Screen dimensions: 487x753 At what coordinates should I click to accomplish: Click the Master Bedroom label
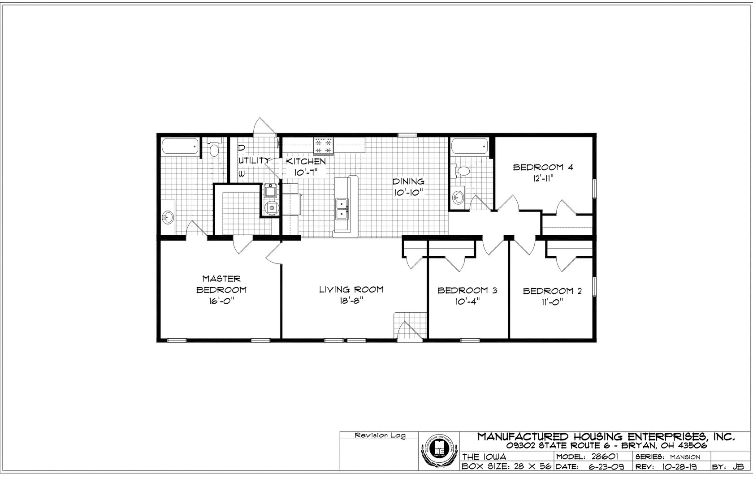point(221,284)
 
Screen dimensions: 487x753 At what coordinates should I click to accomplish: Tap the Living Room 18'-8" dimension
point(351,301)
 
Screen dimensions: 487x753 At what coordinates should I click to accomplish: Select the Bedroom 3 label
point(467,290)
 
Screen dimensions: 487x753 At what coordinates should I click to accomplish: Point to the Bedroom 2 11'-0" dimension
point(552,302)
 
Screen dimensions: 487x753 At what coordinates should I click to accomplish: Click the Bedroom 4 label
point(543,168)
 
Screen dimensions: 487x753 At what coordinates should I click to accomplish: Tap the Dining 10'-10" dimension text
point(408,192)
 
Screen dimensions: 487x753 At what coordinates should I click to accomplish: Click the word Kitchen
point(306,161)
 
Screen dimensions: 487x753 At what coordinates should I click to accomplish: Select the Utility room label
point(254,160)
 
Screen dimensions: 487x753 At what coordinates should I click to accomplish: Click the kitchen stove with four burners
point(324,146)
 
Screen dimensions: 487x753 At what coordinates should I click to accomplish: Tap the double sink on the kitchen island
point(343,209)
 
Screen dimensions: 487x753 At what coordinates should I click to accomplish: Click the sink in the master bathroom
point(167,218)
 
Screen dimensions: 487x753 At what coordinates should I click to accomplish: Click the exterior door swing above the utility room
point(262,126)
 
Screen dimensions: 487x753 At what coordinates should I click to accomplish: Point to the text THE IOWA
point(484,457)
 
